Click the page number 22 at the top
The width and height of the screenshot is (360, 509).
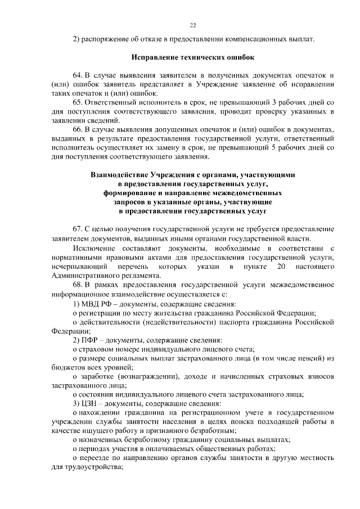click(192, 25)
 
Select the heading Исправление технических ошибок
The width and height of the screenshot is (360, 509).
click(192, 57)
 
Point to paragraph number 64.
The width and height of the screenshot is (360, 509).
click(78, 75)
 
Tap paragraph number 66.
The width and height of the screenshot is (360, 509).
click(78, 129)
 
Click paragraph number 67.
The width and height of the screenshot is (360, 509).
click(78, 229)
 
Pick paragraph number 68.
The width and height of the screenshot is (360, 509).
click(78, 284)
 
